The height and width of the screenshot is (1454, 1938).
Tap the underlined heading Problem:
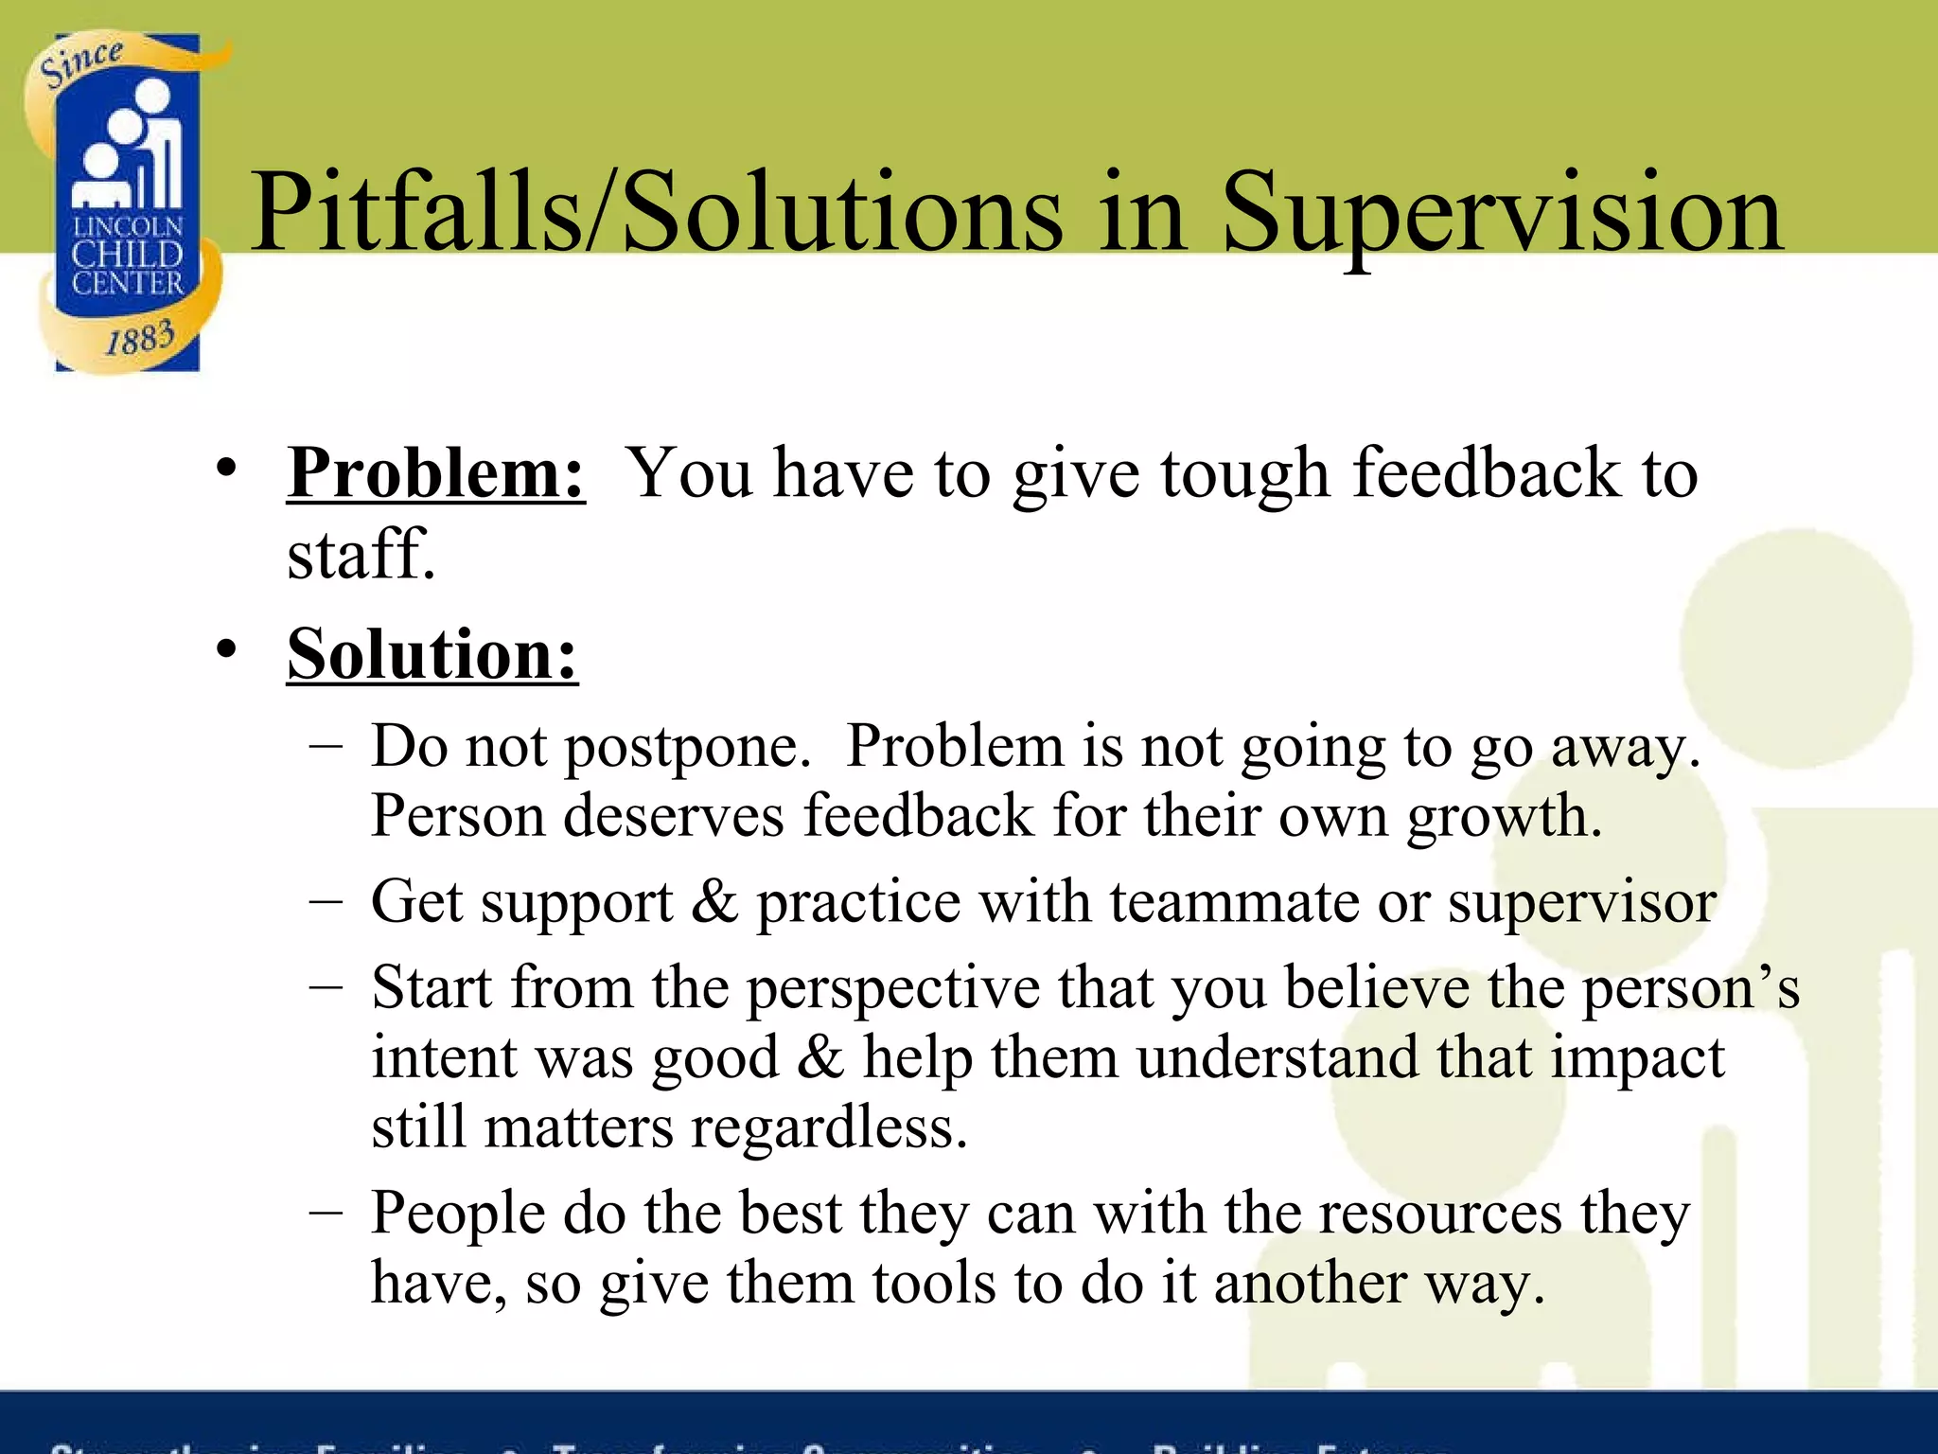436,472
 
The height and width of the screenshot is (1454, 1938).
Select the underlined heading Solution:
432,654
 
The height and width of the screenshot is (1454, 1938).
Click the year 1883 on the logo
140,338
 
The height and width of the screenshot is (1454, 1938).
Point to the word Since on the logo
81,62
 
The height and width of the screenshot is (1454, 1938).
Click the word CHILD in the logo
127,255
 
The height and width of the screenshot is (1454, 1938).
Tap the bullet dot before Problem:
225,468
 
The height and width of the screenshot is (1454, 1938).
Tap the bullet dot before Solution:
225,649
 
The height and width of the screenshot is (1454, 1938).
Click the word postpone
687,748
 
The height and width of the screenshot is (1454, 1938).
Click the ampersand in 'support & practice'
714,901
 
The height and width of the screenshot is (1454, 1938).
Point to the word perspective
893,988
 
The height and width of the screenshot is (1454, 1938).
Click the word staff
361,555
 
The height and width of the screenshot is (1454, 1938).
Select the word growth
1504,817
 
